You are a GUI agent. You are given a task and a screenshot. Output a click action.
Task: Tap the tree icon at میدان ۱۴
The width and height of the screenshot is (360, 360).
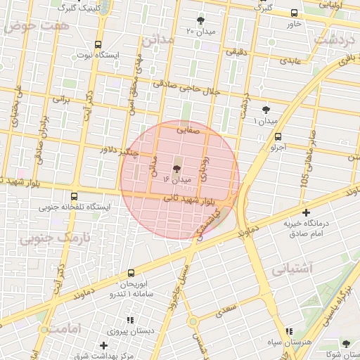(x=176, y=169)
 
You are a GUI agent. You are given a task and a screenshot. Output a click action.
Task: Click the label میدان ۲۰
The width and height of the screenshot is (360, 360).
(x=200, y=32)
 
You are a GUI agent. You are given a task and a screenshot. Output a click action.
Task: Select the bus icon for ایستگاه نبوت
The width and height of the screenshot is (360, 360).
(x=98, y=44)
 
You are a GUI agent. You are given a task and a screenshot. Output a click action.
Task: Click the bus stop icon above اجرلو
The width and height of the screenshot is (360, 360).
(x=278, y=137)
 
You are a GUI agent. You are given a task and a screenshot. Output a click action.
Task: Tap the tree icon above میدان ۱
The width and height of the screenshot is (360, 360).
(x=266, y=110)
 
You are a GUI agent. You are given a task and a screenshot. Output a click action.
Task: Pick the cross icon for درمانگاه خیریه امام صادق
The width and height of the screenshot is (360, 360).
(x=306, y=212)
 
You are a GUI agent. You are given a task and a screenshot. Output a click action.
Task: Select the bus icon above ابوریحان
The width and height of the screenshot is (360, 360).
(x=131, y=273)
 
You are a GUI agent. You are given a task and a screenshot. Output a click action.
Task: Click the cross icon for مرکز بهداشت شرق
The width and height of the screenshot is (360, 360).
(x=104, y=345)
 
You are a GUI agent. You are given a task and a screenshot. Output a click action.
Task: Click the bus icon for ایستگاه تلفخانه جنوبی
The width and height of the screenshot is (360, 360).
(x=75, y=197)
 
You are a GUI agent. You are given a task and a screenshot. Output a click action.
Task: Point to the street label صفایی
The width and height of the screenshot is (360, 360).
(x=188, y=129)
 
